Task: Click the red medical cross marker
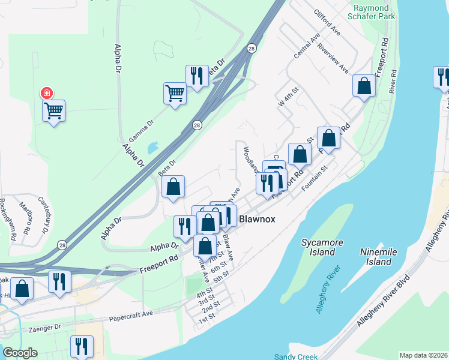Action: (x=46, y=93)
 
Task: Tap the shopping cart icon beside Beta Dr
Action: (x=175, y=93)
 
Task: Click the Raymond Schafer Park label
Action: (x=374, y=12)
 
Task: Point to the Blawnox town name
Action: (x=257, y=219)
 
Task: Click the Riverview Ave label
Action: (x=333, y=59)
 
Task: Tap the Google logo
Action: (x=20, y=353)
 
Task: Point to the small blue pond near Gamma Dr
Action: (x=152, y=147)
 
